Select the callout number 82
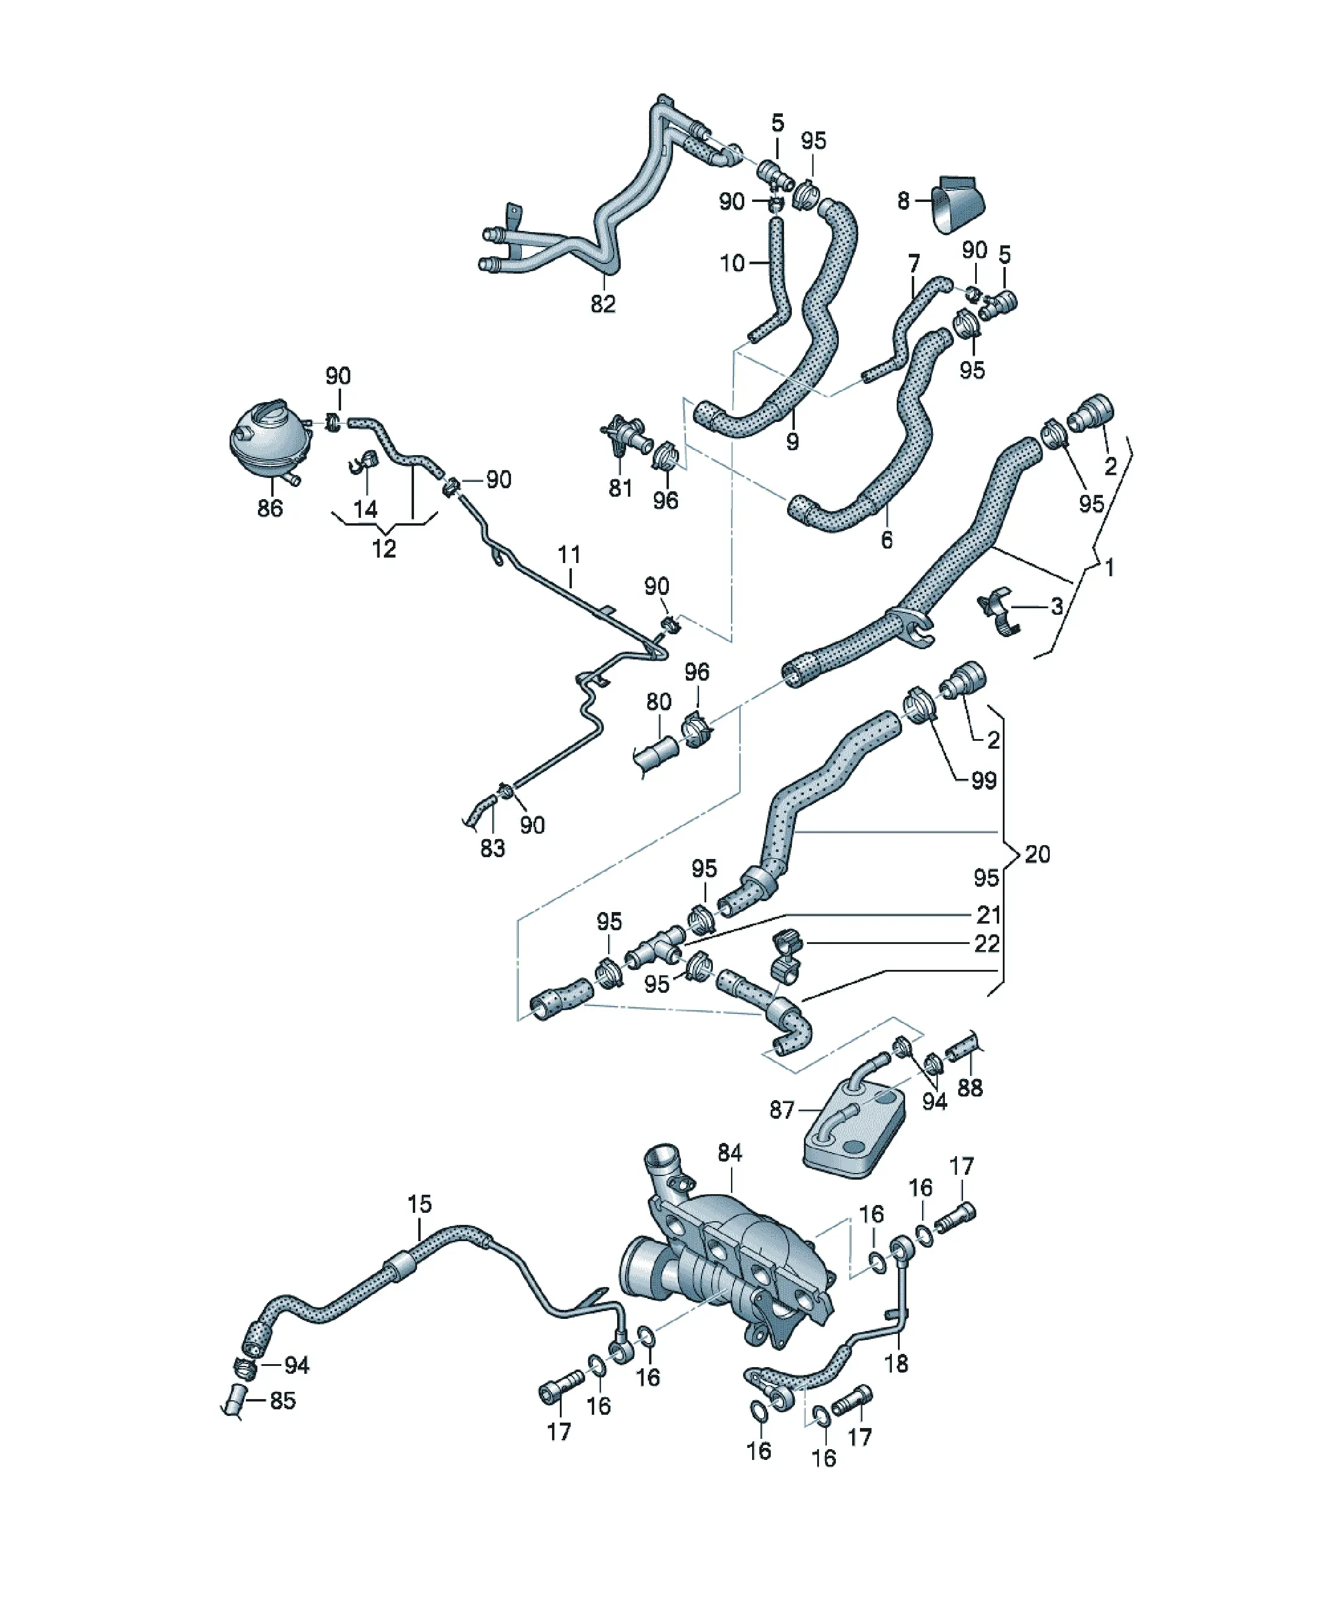pyautogui.click(x=603, y=304)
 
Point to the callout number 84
pyautogui.click(x=729, y=1153)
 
